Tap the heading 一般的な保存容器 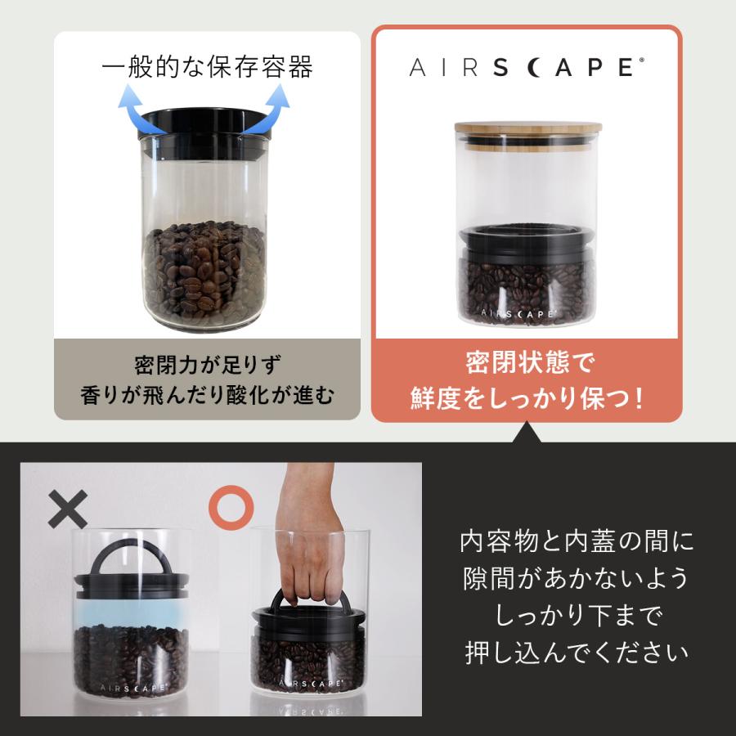207,67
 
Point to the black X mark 67,509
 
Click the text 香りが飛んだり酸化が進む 207,397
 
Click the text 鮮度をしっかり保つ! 527,398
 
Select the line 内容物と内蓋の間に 576,541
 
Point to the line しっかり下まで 576,616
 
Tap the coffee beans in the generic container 206,270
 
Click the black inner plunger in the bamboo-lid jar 527,242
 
